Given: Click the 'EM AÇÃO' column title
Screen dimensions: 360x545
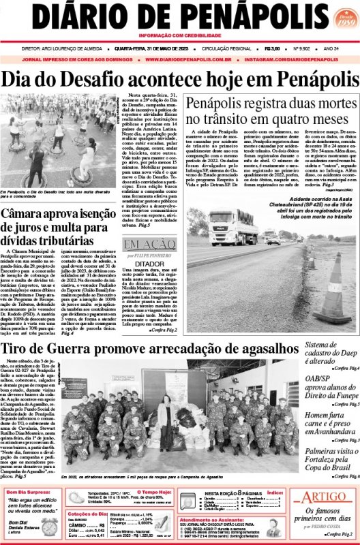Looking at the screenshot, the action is (145, 244).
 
